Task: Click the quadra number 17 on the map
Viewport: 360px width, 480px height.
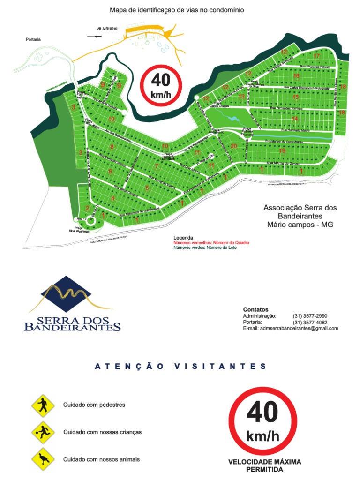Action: pos(317,56)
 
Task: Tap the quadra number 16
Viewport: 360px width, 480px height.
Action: pos(296,76)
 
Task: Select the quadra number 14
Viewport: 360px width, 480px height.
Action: pos(295,119)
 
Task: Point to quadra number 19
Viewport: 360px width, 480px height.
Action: pos(282,151)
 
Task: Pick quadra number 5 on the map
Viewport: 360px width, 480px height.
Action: pos(147,188)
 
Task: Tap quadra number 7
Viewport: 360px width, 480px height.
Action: pos(157,166)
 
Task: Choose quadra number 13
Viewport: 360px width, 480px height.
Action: pos(241,97)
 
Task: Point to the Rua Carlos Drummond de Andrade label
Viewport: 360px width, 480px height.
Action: pos(305,88)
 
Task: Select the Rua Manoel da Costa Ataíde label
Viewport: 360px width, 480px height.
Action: pos(285,141)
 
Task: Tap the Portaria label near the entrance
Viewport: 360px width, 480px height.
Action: pos(33,40)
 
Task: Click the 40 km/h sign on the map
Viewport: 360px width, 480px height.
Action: pos(161,85)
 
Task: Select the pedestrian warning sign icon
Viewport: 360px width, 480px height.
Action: pos(43,405)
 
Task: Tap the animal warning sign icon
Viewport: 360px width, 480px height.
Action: pos(43,460)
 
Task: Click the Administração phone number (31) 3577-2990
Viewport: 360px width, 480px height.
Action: pos(310,316)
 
